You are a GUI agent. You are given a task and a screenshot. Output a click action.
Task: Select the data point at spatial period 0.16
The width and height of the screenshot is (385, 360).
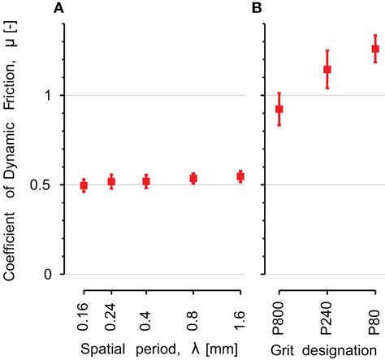point(84,186)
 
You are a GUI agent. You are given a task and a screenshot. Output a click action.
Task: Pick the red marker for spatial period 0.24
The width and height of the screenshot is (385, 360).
point(111,182)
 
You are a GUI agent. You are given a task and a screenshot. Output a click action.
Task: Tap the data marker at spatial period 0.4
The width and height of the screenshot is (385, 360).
point(146,182)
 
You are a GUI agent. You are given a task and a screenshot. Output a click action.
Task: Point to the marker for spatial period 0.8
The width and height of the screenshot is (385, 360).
point(193,178)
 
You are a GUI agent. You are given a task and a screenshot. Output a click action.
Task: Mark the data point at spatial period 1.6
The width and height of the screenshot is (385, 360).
point(240,176)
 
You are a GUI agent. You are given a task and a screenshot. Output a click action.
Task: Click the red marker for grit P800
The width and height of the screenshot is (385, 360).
point(279,109)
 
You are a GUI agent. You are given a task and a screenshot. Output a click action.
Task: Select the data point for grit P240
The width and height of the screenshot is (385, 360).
point(327,70)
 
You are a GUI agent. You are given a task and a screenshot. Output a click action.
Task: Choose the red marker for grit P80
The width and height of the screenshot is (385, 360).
point(375,49)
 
